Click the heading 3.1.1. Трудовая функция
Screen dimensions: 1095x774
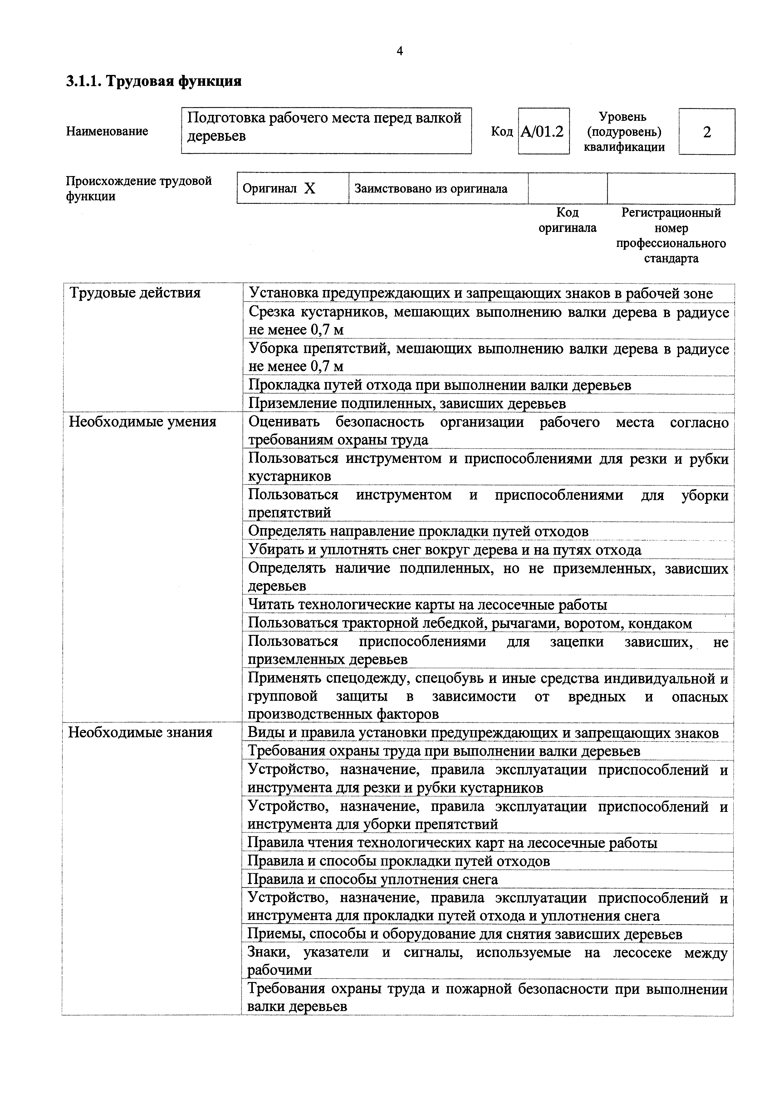pos(154,81)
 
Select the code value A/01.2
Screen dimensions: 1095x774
pos(543,131)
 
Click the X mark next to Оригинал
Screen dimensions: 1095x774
pos(310,189)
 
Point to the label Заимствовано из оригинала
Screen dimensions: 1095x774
pos(431,189)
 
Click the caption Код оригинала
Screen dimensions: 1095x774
pos(567,220)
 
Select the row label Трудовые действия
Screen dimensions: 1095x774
pos(135,293)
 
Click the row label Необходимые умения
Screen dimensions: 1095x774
pos(143,422)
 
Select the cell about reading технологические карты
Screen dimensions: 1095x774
pos(428,605)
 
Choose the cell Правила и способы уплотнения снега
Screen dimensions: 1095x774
pos(372,879)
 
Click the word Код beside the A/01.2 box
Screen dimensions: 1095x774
pos(502,131)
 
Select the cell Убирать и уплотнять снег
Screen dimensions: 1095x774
pos(444,550)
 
